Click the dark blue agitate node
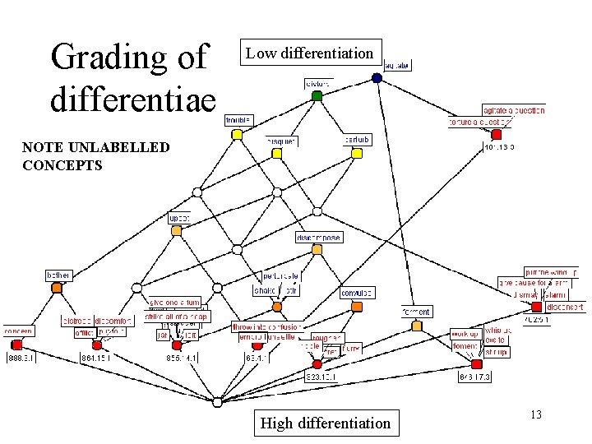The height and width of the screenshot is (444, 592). (x=377, y=78)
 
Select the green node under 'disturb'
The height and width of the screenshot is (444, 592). (x=317, y=95)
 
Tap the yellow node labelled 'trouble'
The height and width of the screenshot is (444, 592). (x=237, y=134)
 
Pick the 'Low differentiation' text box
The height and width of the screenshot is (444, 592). (x=311, y=54)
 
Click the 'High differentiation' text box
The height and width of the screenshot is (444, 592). (x=325, y=423)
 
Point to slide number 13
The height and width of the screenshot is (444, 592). (x=535, y=414)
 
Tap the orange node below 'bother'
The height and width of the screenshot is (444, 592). (x=57, y=288)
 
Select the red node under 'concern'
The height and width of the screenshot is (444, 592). (x=16, y=345)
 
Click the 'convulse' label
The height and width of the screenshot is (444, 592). (x=357, y=293)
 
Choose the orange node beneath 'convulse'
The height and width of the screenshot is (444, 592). (x=356, y=307)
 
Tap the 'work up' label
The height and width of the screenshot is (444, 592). (x=465, y=334)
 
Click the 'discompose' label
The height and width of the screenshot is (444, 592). (x=319, y=238)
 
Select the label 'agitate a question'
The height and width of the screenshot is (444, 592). (x=513, y=110)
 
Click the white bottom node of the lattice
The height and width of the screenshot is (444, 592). (x=217, y=402)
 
